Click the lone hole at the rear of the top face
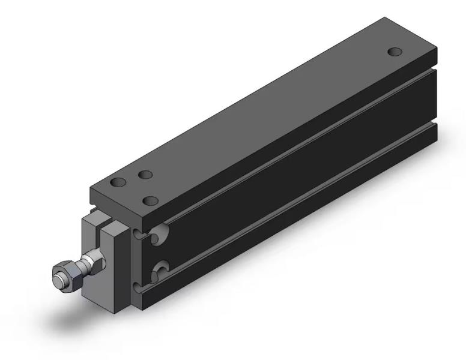coord(394,52)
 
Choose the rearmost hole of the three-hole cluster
coord(144,175)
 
